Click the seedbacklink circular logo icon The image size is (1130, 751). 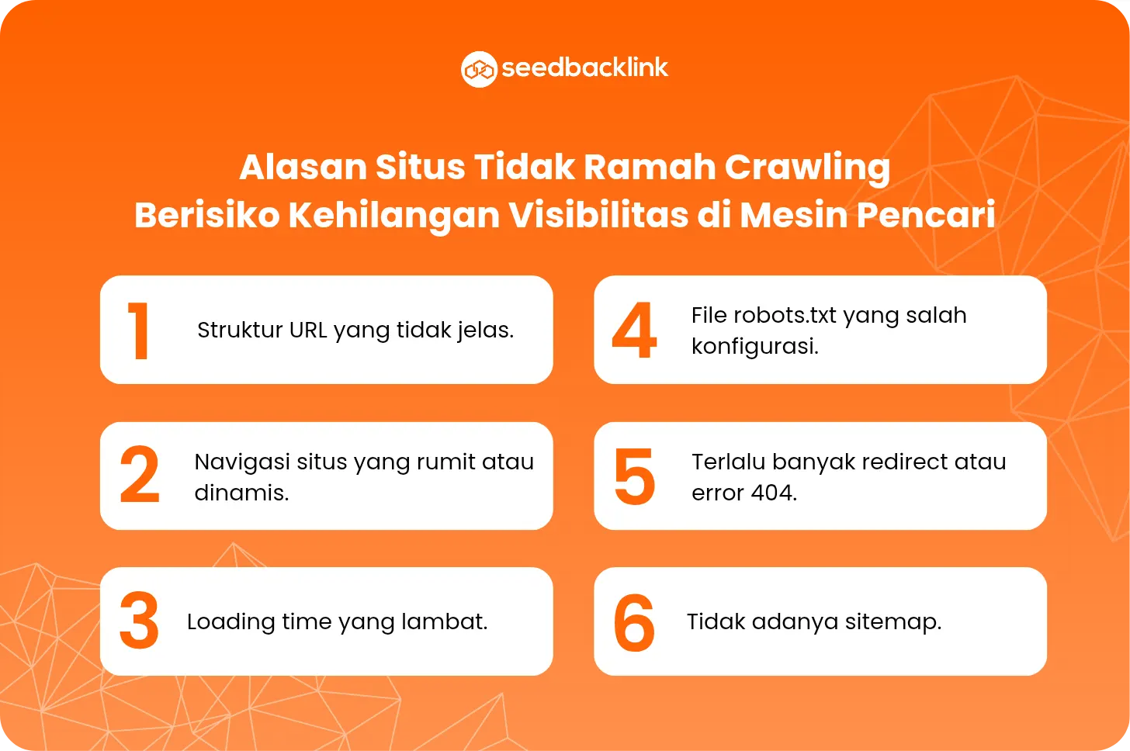point(479,69)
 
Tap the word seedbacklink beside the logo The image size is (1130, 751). point(585,68)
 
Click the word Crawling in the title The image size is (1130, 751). point(807,168)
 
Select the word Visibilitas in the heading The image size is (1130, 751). point(598,216)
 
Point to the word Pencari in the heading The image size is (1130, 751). point(926,216)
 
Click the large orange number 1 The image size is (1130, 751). point(138,331)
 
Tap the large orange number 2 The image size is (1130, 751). point(140,475)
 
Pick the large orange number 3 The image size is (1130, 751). point(139,621)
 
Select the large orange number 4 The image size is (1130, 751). point(634,331)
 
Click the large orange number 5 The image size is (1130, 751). point(635,476)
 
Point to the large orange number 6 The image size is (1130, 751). point(634,622)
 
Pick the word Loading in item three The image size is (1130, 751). point(231,622)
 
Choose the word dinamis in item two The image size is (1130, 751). point(241,493)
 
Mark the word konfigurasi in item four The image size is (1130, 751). point(754,347)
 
